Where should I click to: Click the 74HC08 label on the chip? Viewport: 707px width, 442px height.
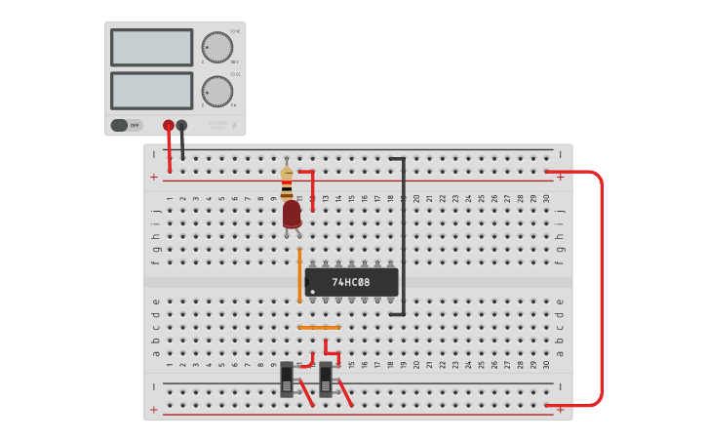pyautogui.click(x=351, y=282)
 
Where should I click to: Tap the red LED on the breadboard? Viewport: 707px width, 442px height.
pyautogui.click(x=292, y=215)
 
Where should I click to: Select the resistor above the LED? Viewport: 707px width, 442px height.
pyautogui.click(x=287, y=181)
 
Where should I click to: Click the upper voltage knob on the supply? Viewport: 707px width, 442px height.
pyautogui.click(x=216, y=48)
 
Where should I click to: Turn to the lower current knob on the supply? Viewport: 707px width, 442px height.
pyautogui.click(x=216, y=91)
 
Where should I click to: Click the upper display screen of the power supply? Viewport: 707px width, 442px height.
pyautogui.click(x=151, y=47)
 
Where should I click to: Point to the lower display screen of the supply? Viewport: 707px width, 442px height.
pyautogui.click(x=151, y=91)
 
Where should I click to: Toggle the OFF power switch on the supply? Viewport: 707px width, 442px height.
pyautogui.click(x=126, y=125)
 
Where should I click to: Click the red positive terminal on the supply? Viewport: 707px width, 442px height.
pyautogui.click(x=169, y=125)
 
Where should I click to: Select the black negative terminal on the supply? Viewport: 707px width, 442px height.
pyautogui.click(x=181, y=125)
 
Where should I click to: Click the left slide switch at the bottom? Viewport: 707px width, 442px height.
pyautogui.click(x=287, y=380)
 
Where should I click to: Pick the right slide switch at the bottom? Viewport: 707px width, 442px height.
pyautogui.click(x=326, y=380)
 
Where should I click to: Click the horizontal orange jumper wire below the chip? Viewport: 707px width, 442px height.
pyautogui.click(x=319, y=327)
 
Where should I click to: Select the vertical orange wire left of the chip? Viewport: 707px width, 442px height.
pyautogui.click(x=299, y=275)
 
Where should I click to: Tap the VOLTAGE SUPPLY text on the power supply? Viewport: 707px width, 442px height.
pyautogui.click(x=216, y=125)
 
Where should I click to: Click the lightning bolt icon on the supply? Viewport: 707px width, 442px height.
pyautogui.click(x=234, y=125)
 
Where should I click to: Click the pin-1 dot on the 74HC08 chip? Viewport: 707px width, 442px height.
pyautogui.click(x=309, y=291)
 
